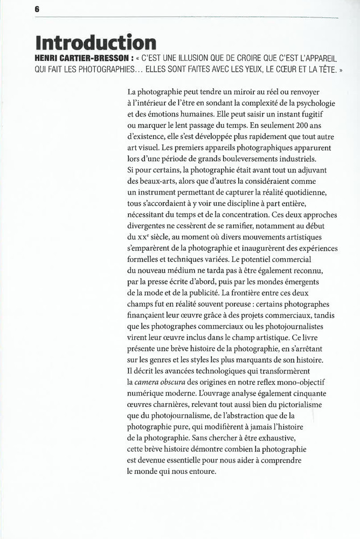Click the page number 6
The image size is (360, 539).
click(37, 9)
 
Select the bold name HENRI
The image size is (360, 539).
click(47, 58)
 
